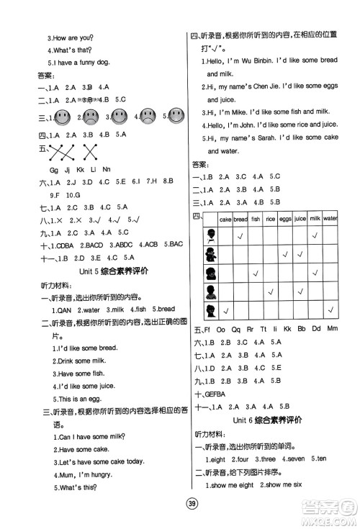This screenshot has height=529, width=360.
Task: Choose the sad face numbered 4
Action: (148, 116)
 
